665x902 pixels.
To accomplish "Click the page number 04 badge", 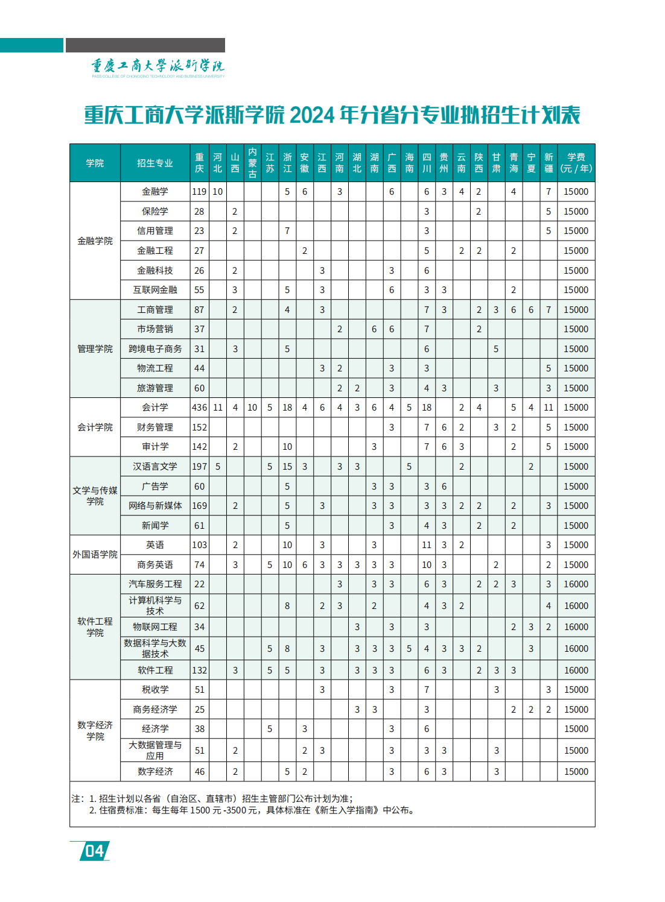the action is click(x=95, y=851).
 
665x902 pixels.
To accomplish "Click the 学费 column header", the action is click(x=576, y=163).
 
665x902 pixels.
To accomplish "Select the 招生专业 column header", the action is click(x=155, y=163).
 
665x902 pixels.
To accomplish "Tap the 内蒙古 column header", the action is click(x=252, y=163).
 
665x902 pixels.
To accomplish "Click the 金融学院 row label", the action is click(x=95, y=241).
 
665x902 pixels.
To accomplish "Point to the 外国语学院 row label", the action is click(x=95, y=554).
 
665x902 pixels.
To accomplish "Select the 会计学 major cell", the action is click(x=155, y=408).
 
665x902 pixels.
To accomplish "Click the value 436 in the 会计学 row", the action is click(x=199, y=408).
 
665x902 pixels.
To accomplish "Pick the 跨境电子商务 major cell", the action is click(x=155, y=348).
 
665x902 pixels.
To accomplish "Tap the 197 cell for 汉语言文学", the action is click(x=199, y=467).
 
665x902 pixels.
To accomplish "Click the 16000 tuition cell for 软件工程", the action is click(x=576, y=670).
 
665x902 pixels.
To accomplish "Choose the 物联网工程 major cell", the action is click(x=155, y=627).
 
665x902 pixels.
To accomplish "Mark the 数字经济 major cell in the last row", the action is click(x=155, y=771).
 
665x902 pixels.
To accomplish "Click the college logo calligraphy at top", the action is click(x=157, y=66).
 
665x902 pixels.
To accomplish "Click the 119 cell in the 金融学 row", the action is click(x=199, y=192).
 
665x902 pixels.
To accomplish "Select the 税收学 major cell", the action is click(x=155, y=689).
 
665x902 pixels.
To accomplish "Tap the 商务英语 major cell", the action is click(x=155, y=565).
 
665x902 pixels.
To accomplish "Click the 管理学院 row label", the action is click(x=95, y=348).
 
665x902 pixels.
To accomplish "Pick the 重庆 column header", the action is click(x=199, y=163).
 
